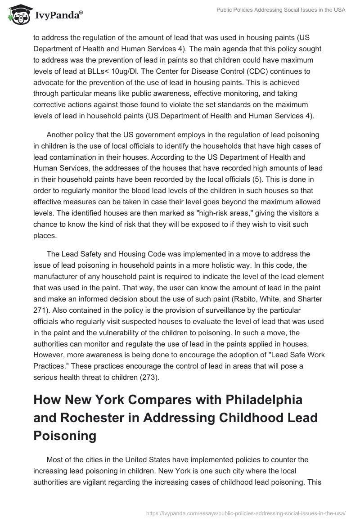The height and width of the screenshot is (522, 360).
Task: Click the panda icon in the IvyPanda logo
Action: (x=18, y=14)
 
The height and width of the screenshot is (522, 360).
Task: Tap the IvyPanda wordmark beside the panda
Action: (x=57, y=16)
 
